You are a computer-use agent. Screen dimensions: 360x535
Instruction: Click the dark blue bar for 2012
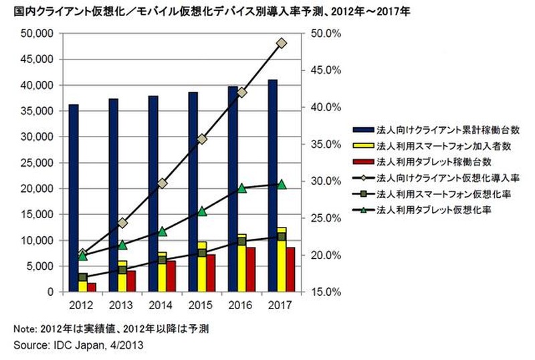pyautogui.click(x=74, y=198)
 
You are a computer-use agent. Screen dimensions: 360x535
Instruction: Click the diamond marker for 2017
pyautogui.click(x=282, y=43)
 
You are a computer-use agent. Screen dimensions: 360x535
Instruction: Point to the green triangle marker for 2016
pyautogui.click(x=242, y=188)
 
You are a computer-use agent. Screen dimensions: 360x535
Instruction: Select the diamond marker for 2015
pyautogui.click(x=202, y=139)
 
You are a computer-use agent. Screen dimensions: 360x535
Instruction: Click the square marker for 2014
pyautogui.click(x=163, y=260)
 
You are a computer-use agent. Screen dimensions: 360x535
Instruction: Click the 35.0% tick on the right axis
pyautogui.click(x=323, y=144)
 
